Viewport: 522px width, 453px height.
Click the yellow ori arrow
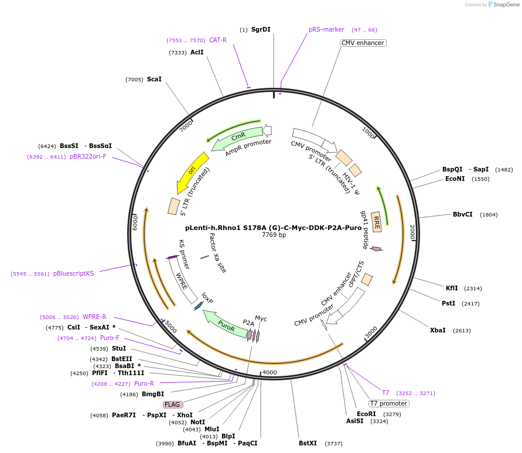pyautogui.click(x=192, y=173)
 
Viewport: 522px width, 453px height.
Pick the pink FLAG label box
pyautogui.click(x=173, y=404)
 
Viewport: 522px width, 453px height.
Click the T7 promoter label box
pyautogui.click(x=388, y=403)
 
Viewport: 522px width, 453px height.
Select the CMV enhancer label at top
pyautogui.click(x=363, y=43)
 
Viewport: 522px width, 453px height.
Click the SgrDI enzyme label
pyautogui.click(x=261, y=29)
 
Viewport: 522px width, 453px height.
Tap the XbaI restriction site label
pyautogui.click(x=438, y=330)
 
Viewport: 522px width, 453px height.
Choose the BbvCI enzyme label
pyautogui.click(x=462, y=214)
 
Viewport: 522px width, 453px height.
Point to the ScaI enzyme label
pyautogui.click(x=154, y=79)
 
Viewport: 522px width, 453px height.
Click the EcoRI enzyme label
pyautogui.click(x=366, y=414)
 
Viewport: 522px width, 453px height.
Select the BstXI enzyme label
pyautogui.click(x=308, y=443)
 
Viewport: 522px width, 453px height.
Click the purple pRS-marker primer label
pyautogui.click(x=326, y=29)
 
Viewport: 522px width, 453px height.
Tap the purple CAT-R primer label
pyautogui.click(x=217, y=40)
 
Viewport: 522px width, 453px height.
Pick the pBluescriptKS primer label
pyautogui.click(x=73, y=273)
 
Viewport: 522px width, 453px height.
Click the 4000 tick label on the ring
pyautogui.click(x=269, y=372)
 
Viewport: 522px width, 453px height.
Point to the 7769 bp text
pyautogui.click(x=274, y=235)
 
